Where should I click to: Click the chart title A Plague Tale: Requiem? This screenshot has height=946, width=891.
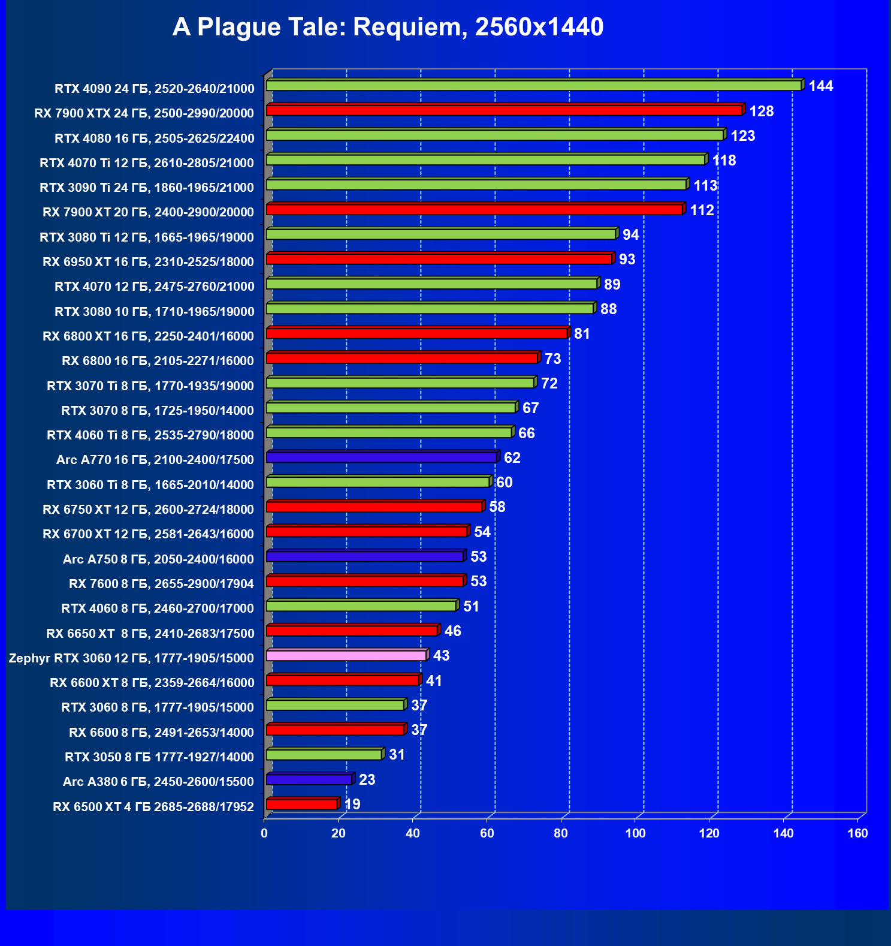[x=388, y=27]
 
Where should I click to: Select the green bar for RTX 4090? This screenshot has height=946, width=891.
[x=533, y=86]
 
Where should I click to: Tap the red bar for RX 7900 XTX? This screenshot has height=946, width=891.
[x=503, y=110]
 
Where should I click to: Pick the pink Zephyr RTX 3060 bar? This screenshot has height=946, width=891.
[x=346, y=655]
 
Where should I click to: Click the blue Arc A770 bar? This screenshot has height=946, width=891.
[x=381, y=457]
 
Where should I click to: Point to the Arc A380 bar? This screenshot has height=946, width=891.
[x=309, y=779]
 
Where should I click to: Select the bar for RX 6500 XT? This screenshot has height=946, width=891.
[x=302, y=804]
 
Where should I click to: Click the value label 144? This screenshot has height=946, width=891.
[x=820, y=86]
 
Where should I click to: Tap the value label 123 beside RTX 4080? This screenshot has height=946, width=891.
[x=742, y=136]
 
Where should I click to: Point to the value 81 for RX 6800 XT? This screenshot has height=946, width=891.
[x=582, y=334]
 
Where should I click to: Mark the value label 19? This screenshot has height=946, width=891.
[x=352, y=805]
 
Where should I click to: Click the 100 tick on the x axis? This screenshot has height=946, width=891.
[x=635, y=833]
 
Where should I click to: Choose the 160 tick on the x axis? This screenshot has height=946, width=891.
[x=857, y=833]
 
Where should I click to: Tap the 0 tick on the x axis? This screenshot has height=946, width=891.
[x=264, y=833]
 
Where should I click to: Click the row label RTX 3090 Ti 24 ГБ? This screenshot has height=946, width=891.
[x=147, y=188]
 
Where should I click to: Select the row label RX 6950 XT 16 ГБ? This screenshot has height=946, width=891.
[x=148, y=262]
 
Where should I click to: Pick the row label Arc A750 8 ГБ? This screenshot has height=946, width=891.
[x=158, y=559]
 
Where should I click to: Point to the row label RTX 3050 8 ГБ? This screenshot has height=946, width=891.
[x=159, y=757]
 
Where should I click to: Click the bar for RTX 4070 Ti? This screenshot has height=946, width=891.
[x=485, y=160]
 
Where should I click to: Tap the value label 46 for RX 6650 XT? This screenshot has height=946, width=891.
[x=452, y=631]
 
